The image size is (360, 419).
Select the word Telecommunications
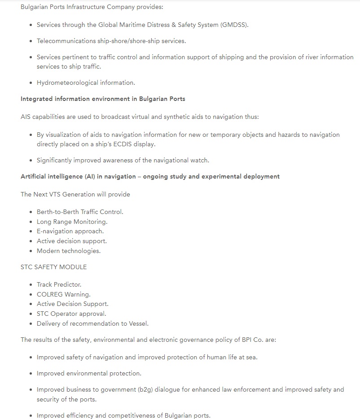[x=66, y=41]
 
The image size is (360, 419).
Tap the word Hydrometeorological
[x=67, y=83]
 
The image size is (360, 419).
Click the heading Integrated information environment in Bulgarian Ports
[x=103, y=99]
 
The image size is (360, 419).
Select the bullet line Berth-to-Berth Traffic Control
[x=80, y=212]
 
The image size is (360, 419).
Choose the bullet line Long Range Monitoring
[x=72, y=222]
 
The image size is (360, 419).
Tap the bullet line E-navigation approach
[x=70, y=231]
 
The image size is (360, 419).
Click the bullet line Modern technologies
[x=69, y=251]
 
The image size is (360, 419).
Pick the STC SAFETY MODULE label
[x=54, y=267]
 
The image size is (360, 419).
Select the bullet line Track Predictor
[x=59, y=284]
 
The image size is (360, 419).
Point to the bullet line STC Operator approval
[x=71, y=314]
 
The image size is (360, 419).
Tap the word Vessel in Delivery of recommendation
[x=138, y=323]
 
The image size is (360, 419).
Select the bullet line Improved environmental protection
[x=89, y=373]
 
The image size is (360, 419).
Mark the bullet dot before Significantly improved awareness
[x=31, y=161]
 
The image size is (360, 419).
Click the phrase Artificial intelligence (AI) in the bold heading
[x=58, y=176]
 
